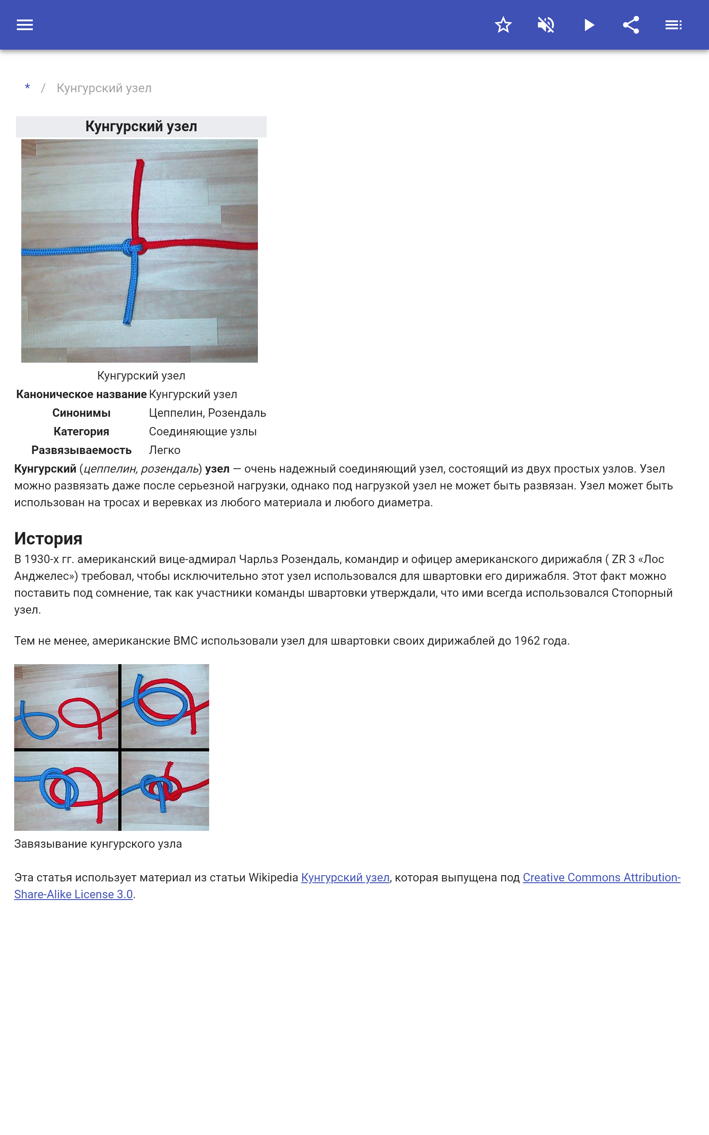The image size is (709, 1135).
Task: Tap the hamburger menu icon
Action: [x=25, y=25]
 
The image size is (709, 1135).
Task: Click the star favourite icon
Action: [x=503, y=25]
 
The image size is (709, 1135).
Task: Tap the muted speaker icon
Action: [x=546, y=25]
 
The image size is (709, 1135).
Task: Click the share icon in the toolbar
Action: [x=631, y=25]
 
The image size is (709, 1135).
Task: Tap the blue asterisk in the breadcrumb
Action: [x=27, y=88]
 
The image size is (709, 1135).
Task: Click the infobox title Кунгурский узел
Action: [x=141, y=127]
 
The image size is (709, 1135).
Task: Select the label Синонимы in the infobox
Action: [x=81, y=413]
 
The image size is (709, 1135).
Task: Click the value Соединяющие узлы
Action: [x=203, y=431]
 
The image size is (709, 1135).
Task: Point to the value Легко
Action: [x=164, y=450]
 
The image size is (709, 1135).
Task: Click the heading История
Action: [x=48, y=538]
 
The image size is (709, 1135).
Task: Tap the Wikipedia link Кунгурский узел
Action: [x=345, y=877]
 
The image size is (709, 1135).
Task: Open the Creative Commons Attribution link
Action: [x=601, y=877]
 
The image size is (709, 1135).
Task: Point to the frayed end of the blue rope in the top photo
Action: [x=127, y=322]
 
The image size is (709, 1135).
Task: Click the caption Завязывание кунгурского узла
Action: [x=98, y=844]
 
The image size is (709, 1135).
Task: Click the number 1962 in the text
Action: [x=527, y=641]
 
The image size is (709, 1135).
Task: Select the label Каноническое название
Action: [x=81, y=395]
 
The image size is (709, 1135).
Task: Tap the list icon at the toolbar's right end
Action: [x=674, y=25]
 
